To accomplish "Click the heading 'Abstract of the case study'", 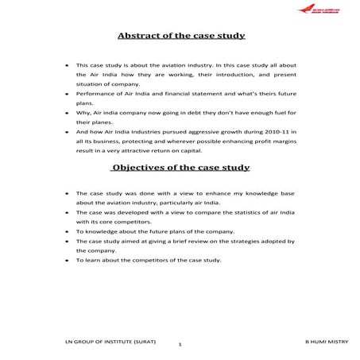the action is point(180,37).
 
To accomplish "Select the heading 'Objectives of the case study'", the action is point(181,168).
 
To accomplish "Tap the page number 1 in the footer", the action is point(180,344).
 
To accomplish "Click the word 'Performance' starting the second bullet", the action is point(94,94).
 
